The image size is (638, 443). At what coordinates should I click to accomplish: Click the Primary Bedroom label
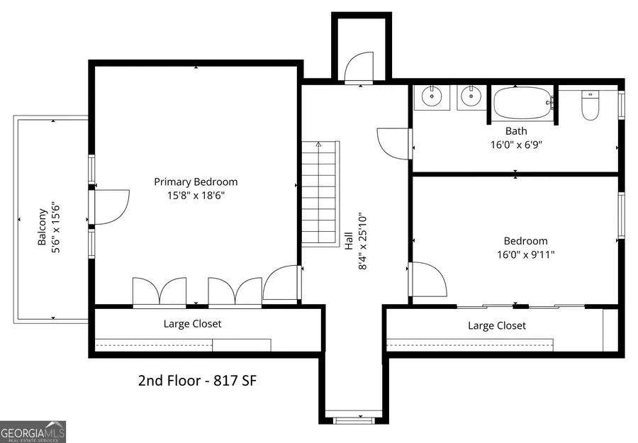[x=196, y=182]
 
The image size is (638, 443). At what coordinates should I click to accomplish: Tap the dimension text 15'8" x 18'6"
[x=196, y=195]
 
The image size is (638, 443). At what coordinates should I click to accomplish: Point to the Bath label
[x=516, y=131]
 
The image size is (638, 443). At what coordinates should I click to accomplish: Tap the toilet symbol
[x=591, y=105]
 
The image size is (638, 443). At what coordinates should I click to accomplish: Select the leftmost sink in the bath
[x=431, y=97]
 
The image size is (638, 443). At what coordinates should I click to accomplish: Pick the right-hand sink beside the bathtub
[x=469, y=97]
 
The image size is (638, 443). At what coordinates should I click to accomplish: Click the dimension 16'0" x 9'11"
[x=525, y=254]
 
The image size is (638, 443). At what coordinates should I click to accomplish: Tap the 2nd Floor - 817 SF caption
[x=197, y=381]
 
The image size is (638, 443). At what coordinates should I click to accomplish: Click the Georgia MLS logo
[x=33, y=431]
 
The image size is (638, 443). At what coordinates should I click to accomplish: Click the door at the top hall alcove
[x=358, y=68]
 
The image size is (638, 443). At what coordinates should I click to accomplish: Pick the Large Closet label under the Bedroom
[x=497, y=326]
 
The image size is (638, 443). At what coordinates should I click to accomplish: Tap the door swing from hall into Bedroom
[x=428, y=279]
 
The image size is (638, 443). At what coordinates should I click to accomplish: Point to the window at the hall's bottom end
[x=353, y=420]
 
